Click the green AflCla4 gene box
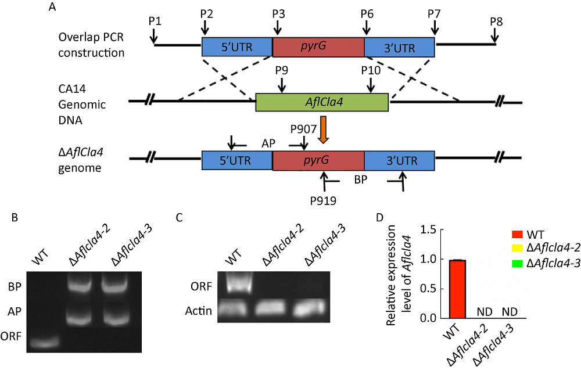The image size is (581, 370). (322, 102)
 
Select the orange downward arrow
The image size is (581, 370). (323, 128)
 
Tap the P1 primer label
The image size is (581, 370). (154, 21)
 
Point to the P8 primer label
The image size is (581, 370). (496, 21)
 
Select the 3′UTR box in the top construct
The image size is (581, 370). (399, 48)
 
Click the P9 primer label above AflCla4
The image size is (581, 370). (282, 70)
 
